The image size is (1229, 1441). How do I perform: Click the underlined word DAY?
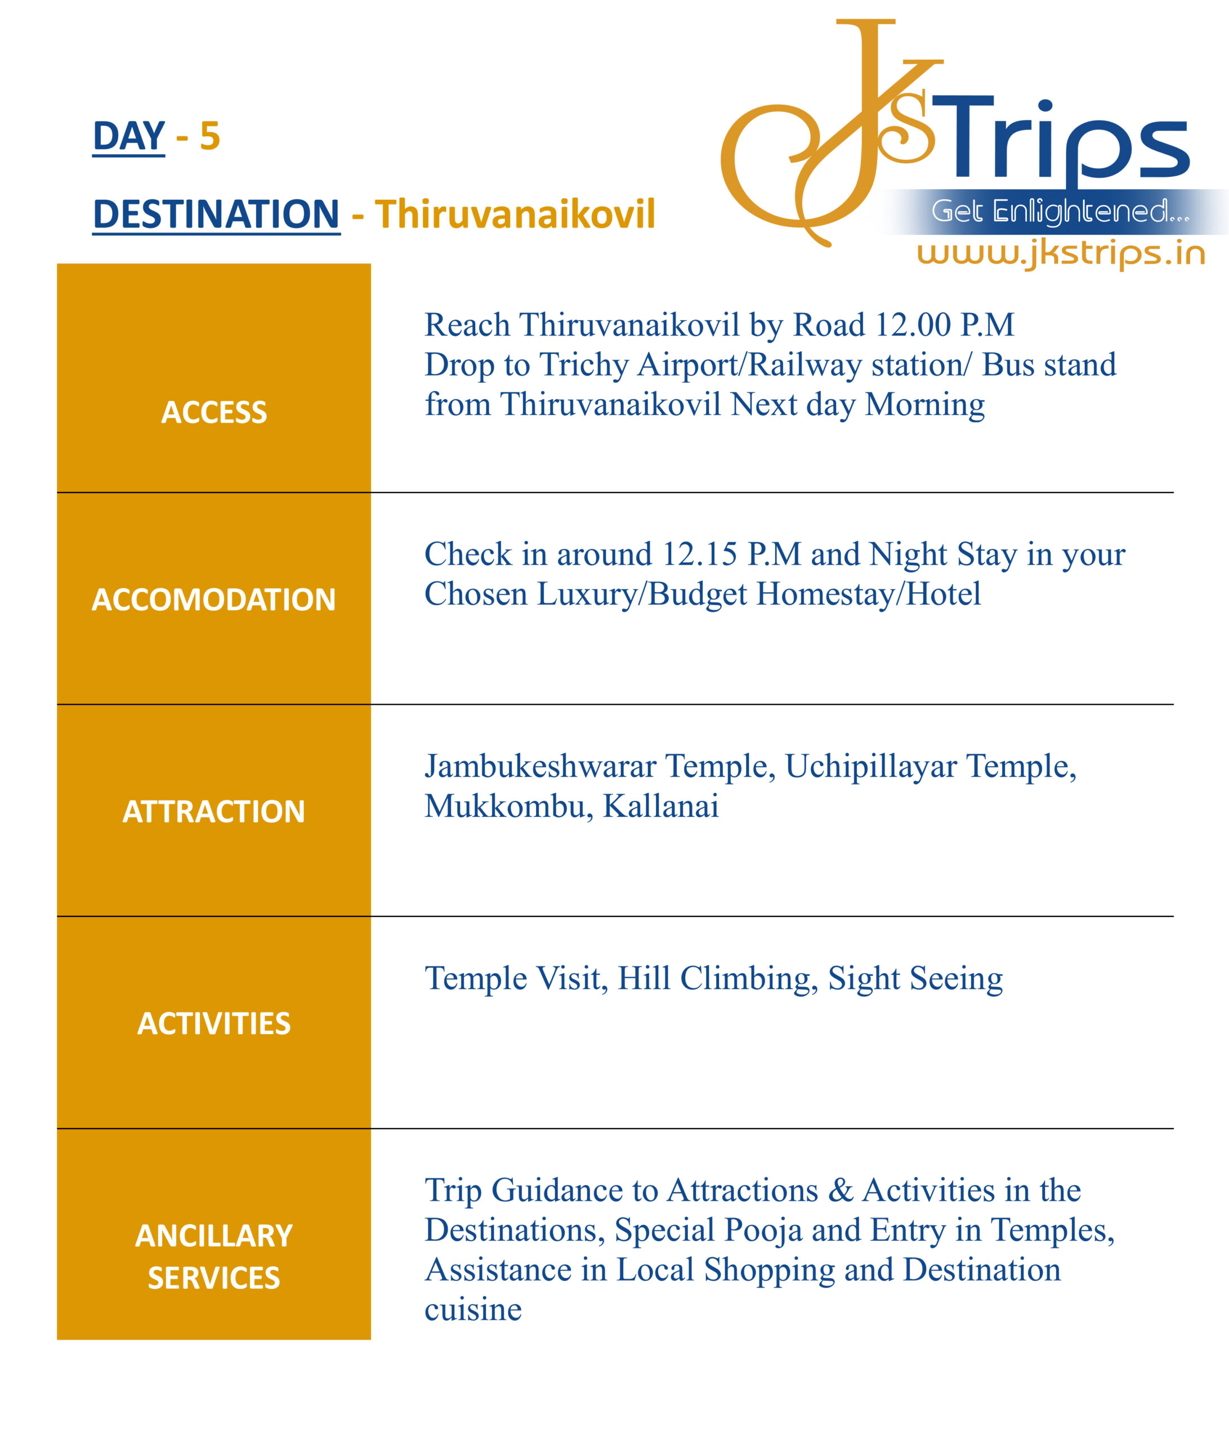click(129, 136)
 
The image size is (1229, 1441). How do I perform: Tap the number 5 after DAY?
click(209, 136)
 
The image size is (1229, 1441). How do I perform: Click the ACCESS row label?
click(213, 413)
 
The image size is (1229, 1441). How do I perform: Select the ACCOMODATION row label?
click(213, 599)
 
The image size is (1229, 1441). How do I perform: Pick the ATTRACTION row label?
click(213, 812)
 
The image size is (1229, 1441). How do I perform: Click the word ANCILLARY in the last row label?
click(213, 1236)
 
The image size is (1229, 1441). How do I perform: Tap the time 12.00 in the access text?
click(913, 325)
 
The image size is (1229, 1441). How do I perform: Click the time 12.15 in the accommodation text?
click(699, 554)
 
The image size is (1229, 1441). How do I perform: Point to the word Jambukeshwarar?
click(540, 767)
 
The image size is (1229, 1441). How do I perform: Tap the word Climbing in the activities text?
click(745, 978)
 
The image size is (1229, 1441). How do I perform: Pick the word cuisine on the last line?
click(473, 1309)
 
